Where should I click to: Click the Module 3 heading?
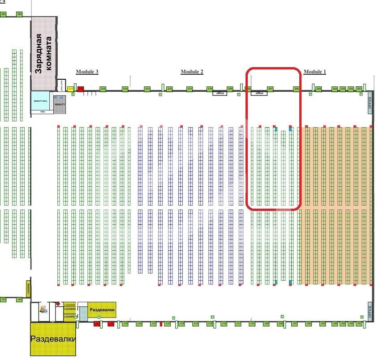tap(87, 72)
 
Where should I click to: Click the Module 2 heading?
tap(192, 72)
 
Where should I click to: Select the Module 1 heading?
tap(315, 72)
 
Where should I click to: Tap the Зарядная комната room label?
tap(44, 53)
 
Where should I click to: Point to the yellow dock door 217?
tap(70, 89)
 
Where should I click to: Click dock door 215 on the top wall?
tap(103, 89)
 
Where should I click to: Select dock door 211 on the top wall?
tap(190, 89)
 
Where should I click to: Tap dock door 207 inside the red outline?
tap(270, 89)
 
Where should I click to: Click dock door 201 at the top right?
tap(359, 89)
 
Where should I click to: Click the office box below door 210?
tap(220, 93)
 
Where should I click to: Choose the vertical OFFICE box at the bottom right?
tap(370, 312)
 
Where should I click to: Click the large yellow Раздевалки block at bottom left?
tap(52, 339)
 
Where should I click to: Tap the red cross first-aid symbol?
tap(58, 304)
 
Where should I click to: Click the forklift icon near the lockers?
tap(44, 309)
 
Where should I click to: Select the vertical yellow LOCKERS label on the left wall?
tap(28, 289)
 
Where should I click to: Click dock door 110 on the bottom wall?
tap(252, 323)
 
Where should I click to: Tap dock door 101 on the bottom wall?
tap(358, 323)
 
